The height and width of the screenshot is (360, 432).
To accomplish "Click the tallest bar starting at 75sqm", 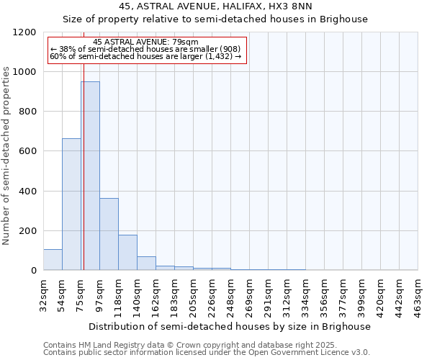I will [90, 176].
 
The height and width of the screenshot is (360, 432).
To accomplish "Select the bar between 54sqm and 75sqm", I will [71, 204].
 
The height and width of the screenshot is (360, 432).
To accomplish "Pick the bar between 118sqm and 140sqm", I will [127, 253].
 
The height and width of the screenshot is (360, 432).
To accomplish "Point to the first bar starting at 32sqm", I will [53, 260].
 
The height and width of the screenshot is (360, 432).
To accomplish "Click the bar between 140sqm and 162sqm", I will [146, 264].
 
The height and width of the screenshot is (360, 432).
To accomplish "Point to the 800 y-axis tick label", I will [28, 112].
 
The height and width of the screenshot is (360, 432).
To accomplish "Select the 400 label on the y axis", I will [28, 192].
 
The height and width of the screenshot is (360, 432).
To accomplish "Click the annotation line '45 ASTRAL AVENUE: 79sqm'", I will [146, 42].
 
